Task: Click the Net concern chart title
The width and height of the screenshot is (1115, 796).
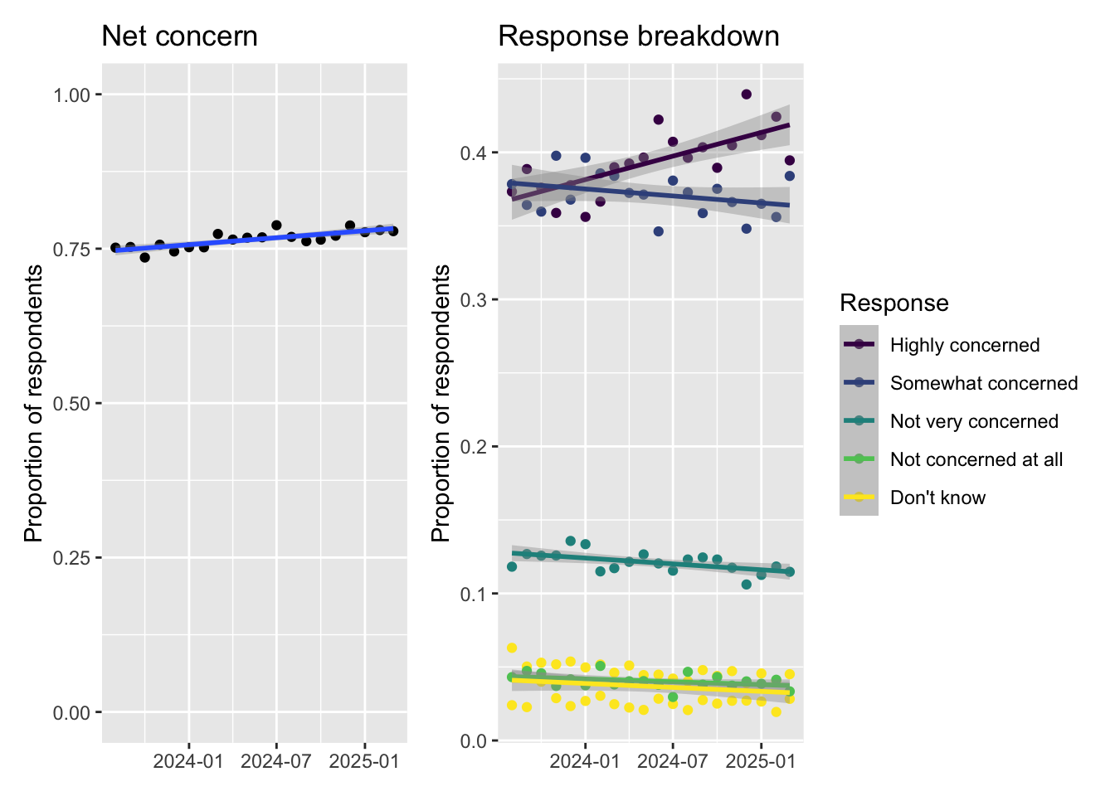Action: [180, 36]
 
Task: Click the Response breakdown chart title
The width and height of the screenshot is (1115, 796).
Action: [639, 36]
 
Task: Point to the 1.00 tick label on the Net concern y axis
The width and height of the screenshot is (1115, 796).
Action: [71, 95]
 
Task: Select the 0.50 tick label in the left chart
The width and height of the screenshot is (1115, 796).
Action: [71, 404]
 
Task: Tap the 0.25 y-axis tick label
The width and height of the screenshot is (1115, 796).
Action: [71, 558]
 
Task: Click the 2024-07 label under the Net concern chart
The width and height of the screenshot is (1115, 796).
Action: [275, 761]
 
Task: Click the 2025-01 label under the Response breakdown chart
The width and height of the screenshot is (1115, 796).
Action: [761, 761]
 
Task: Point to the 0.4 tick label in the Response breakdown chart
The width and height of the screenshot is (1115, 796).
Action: [474, 153]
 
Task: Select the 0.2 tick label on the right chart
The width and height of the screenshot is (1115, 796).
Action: [474, 447]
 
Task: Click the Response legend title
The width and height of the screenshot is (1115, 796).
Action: [894, 303]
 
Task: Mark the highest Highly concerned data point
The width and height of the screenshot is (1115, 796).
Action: [746, 94]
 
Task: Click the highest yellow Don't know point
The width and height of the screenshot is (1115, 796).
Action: [512, 648]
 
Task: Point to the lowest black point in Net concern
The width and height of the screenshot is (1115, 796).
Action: [145, 257]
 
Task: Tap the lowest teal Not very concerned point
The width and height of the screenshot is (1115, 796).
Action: [746, 584]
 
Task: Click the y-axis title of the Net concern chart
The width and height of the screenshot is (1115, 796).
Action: [34, 403]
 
